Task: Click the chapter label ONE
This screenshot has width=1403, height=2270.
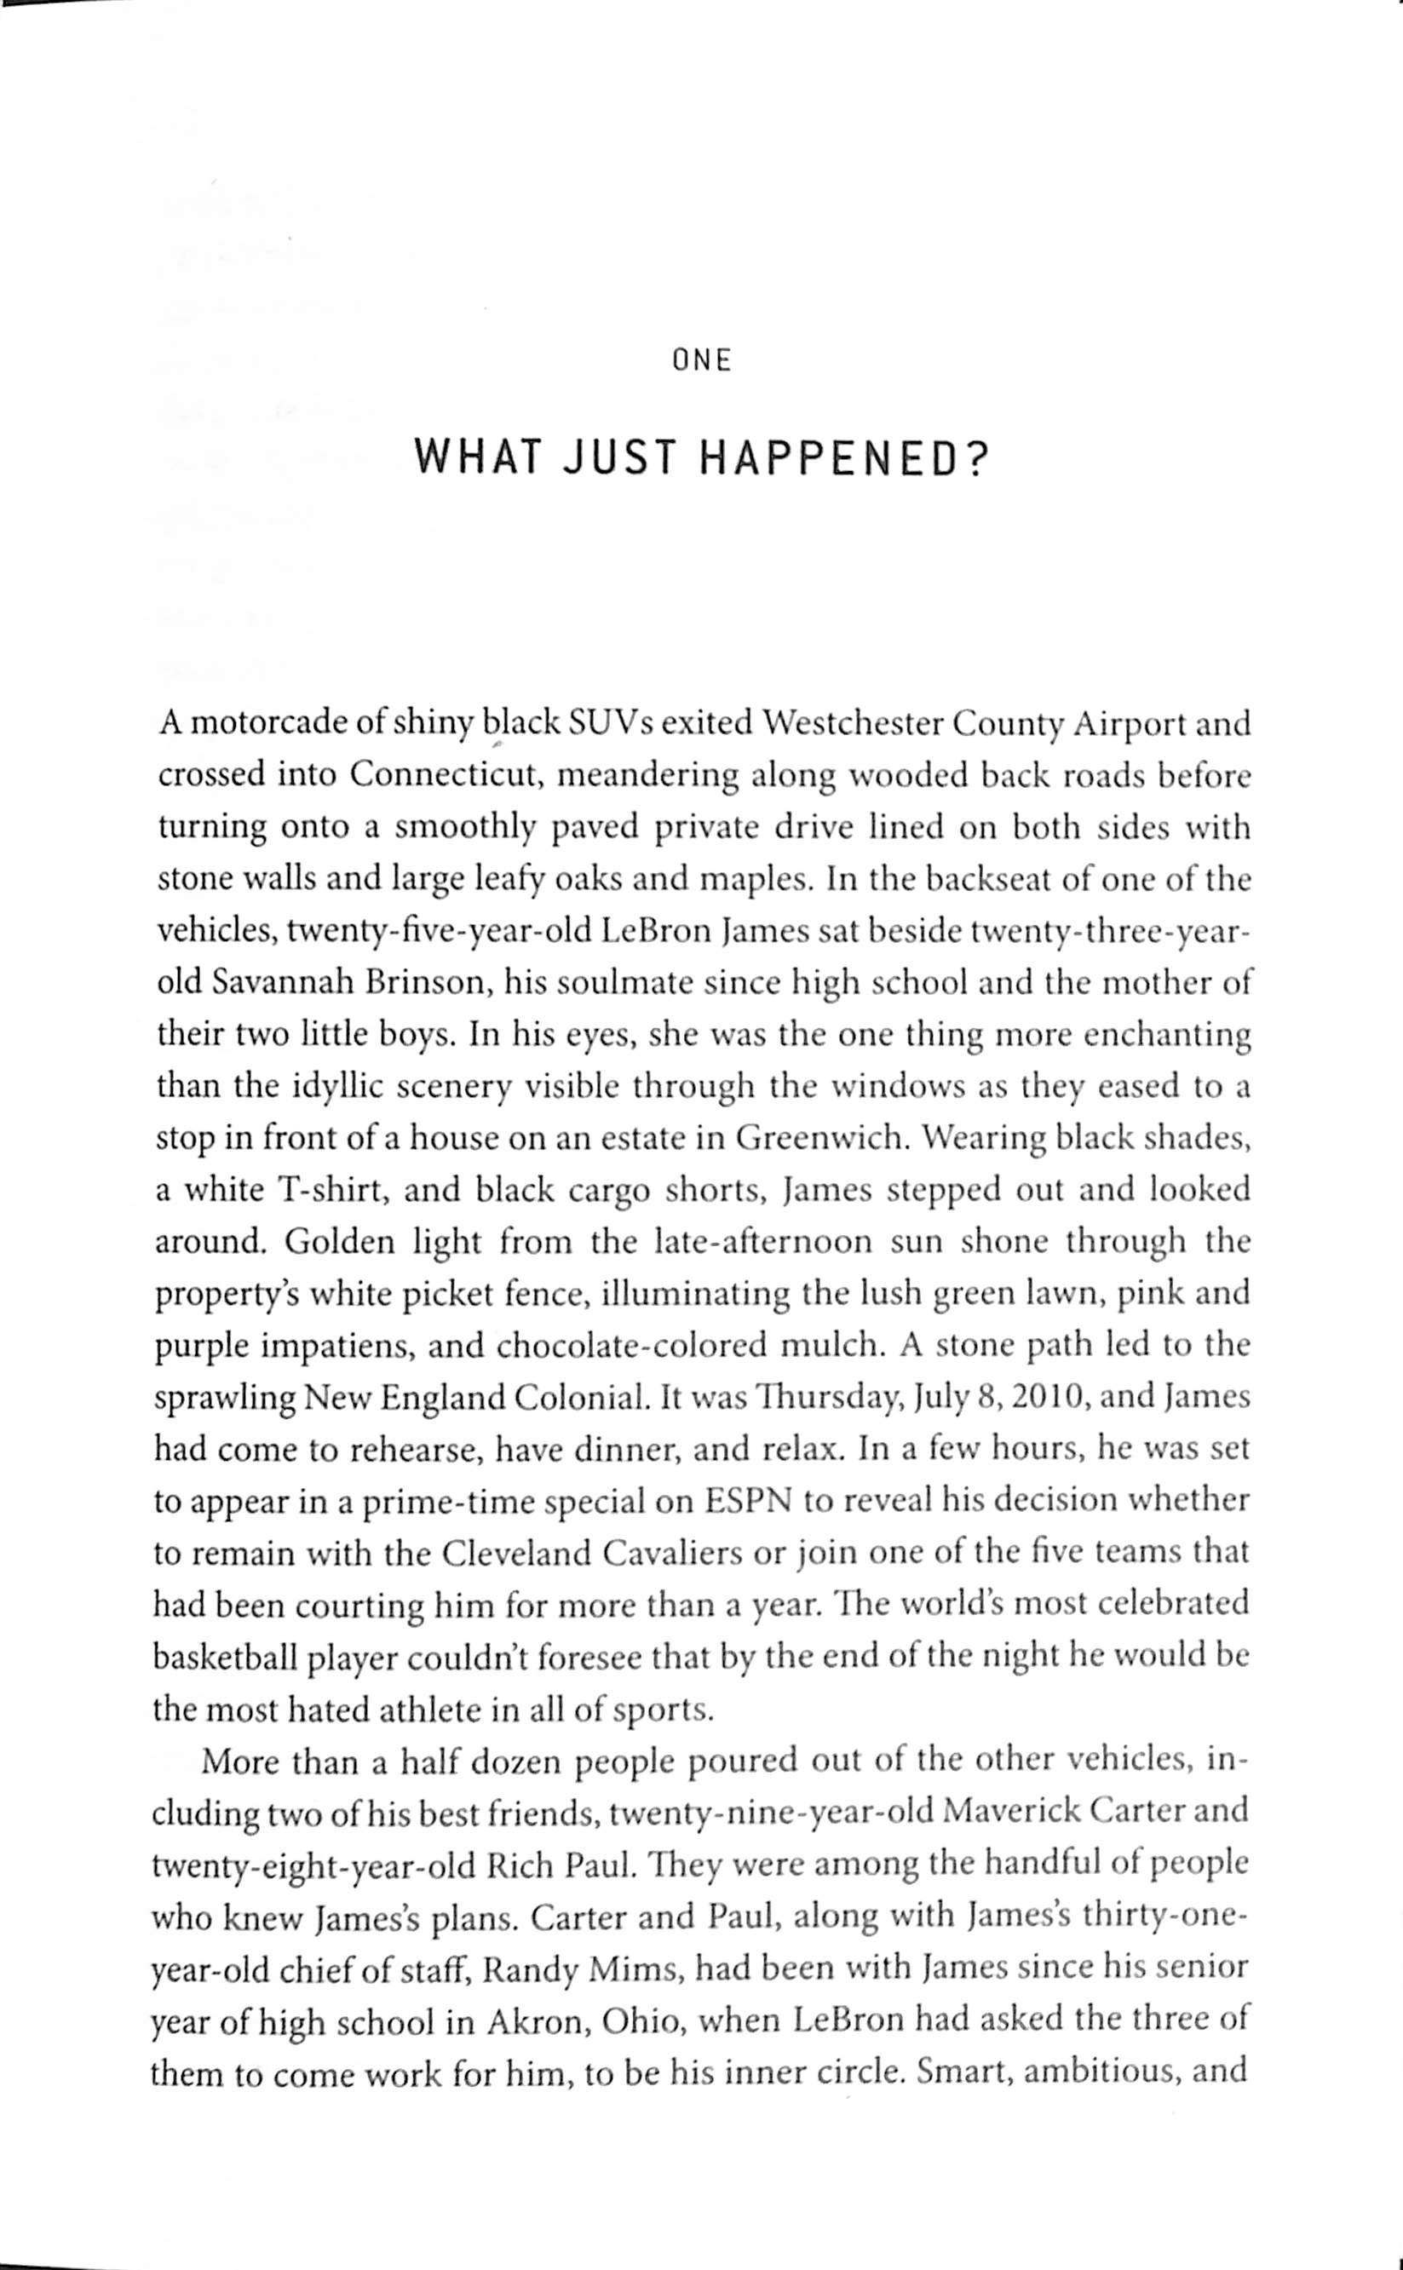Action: point(702,360)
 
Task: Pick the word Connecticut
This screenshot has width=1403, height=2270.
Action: point(445,775)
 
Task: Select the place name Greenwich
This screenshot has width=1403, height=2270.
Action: point(819,1138)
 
